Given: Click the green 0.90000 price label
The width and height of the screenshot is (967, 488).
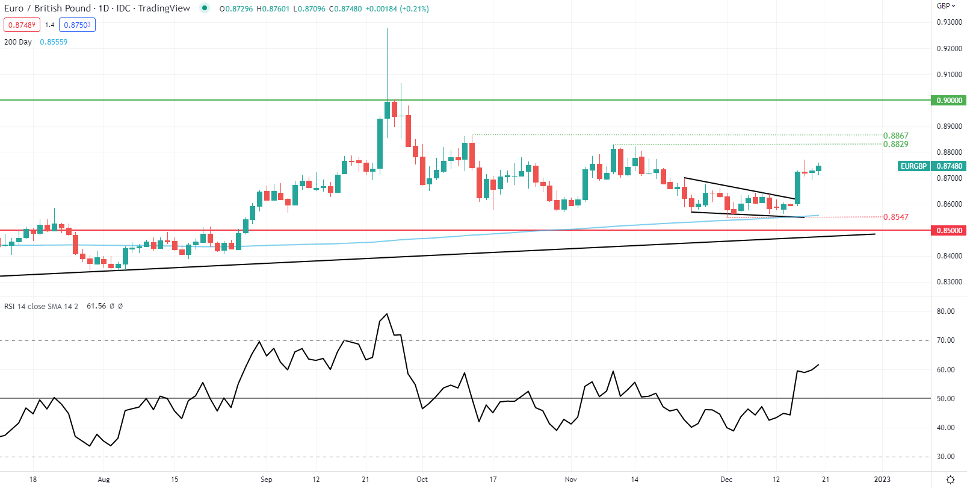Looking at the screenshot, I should click(949, 101).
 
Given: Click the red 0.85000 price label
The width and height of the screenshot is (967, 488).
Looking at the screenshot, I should click(949, 231).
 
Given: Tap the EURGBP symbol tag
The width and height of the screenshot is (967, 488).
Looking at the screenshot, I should click(913, 166).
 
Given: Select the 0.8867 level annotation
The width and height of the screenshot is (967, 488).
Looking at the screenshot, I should click(895, 136).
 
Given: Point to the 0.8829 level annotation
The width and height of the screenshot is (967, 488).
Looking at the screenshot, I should click(895, 145).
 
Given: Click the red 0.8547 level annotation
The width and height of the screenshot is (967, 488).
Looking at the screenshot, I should click(895, 217).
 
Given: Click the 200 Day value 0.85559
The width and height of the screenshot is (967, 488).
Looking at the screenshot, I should click(54, 42).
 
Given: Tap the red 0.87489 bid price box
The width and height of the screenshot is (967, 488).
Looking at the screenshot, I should click(22, 25).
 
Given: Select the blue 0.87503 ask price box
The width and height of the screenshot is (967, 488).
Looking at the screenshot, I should click(77, 25).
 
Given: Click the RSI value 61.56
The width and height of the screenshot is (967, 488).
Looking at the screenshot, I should click(96, 306).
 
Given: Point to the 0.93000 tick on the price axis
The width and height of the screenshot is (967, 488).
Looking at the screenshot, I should click(949, 22).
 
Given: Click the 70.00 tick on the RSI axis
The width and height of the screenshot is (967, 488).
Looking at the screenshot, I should click(945, 340).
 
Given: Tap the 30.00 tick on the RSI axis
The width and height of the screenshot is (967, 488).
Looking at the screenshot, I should click(945, 457).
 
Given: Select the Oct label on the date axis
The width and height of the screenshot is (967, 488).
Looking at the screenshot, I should click(422, 480).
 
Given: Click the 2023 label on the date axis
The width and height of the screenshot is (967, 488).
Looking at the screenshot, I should click(882, 480).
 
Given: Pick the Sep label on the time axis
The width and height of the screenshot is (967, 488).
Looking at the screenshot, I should click(266, 480).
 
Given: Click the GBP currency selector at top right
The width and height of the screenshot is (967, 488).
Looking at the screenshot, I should click(945, 6).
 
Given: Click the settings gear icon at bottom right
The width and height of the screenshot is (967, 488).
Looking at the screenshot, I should click(950, 480).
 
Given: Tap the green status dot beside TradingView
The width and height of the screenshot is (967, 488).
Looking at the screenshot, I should click(205, 8).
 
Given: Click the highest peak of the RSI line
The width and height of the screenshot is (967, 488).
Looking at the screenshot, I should click(387, 314).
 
